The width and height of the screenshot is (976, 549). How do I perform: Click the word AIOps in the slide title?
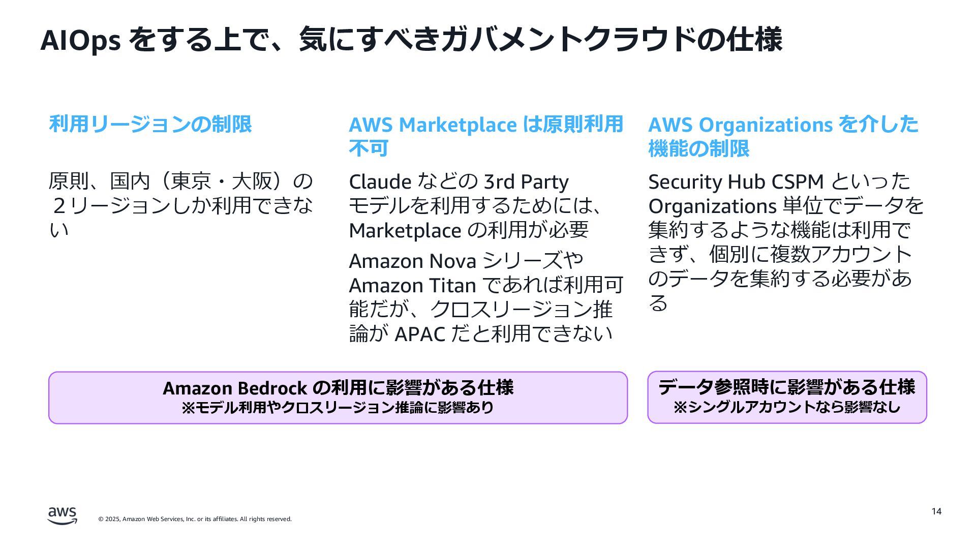click(80, 41)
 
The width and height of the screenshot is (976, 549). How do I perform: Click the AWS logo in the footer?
click(63, 515)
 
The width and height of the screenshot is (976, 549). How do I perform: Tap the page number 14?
click(936, 511)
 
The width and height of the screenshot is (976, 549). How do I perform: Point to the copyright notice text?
click(195, 519)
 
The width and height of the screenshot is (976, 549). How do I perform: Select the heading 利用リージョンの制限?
click(150, 124)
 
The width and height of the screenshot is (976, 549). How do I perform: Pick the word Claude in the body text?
click(380, 182)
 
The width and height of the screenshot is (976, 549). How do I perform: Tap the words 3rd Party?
click(526, 182)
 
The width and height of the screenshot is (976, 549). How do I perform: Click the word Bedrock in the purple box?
click(272, 388)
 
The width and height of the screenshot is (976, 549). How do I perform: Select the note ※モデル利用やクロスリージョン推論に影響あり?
click(338, 408)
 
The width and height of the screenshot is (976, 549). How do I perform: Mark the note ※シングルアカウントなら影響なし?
click(786, 407)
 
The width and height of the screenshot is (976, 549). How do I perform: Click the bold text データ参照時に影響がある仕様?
click(786, 387)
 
